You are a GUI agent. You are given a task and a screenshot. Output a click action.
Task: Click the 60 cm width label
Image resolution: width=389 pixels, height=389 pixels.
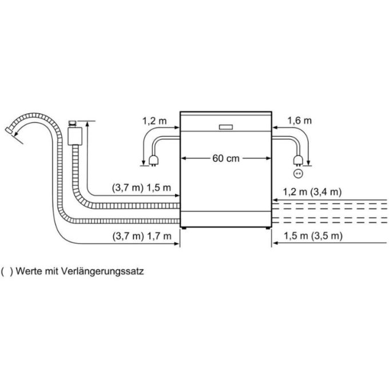pyautogui.click(x=225, y=158)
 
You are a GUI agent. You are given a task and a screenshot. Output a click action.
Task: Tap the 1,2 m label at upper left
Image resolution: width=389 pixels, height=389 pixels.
pyautogui.click(x=154, y=121)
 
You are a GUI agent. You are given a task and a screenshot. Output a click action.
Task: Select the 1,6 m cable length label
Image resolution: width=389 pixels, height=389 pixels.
pyautogui.click(x=300, y=121)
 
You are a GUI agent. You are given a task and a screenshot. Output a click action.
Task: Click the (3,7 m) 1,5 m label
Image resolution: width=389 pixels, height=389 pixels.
pyautogui.click(x=142, y=188)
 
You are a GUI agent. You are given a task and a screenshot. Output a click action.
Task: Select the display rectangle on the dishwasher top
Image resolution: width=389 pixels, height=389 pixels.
pyautogui.click(x=225, y=126)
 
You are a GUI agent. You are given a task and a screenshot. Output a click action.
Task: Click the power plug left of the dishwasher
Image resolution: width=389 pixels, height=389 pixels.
pyautogui.click(x=153, y=160)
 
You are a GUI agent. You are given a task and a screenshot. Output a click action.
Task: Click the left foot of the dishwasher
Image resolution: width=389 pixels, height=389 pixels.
pyautogui.click(x=183, y=228)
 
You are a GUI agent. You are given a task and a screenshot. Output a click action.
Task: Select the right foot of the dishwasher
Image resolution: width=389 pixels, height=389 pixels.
pyautogui.click(x=267, y=228)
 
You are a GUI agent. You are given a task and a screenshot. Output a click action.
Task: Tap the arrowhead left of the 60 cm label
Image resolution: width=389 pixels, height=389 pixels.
pyautogui.click(x=184, y=158)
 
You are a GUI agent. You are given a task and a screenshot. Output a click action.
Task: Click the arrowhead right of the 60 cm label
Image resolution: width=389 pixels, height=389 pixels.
pyautogui.click(x=267, y=158)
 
